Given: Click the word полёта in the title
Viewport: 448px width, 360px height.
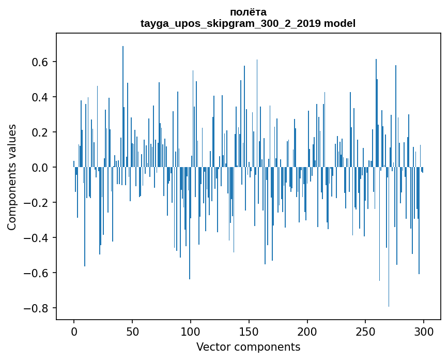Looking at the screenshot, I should [248, 12].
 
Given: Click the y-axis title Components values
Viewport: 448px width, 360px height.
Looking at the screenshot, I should [12, 177].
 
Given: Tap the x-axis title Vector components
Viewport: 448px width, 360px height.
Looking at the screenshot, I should [248, 347].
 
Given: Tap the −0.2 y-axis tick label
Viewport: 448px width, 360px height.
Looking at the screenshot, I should [36, 203].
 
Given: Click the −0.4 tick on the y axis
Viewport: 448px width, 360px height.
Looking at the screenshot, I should [36, 238].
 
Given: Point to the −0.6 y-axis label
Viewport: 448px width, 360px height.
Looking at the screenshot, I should [36, 273].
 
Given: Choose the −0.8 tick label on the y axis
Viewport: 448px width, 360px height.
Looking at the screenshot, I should [36, 308].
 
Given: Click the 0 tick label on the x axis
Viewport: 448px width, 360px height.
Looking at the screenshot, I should [74, 332].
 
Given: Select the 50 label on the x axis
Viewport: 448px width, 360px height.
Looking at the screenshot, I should [132, 332].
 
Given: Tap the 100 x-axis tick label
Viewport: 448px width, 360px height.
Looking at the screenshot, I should [191, 332].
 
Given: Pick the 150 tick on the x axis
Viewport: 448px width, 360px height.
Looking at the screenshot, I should [249, 332].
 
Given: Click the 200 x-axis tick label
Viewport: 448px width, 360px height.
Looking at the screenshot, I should [307, 332].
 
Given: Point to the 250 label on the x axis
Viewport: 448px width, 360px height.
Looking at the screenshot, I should [366, 332].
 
